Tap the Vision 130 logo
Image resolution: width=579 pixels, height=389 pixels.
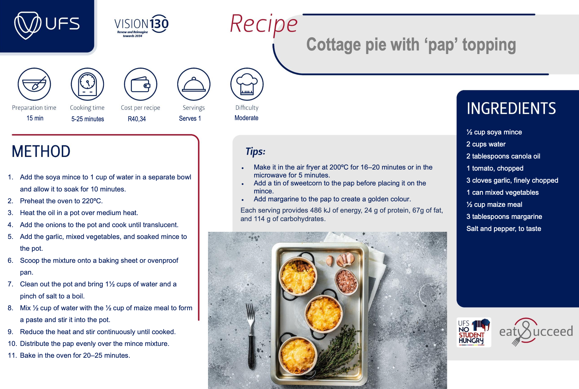pos(141,26)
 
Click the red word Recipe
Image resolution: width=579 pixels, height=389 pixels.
pos(264,24)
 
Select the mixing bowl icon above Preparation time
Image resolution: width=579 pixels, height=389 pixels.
pos(34,84)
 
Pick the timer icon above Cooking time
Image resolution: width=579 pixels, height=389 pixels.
pos(88,84)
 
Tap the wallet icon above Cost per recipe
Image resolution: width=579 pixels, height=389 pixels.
pos(140,84)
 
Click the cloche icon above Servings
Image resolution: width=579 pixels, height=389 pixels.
pos(194,84)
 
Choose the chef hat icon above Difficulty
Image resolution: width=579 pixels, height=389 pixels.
pos(247,84)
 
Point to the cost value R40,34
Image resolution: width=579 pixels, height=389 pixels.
pos(137,119)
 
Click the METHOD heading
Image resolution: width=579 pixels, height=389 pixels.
pos(41,151)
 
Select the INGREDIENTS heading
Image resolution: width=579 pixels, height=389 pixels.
pos(511,108)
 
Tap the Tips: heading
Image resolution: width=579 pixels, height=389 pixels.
pos(255,151)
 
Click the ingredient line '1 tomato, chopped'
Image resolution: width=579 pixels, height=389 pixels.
pos(495,168)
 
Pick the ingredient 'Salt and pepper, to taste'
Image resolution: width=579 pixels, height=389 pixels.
pos(504,229)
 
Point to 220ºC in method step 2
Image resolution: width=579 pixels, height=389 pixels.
pos(92,201)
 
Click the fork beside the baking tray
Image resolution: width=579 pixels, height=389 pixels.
pos(251,336)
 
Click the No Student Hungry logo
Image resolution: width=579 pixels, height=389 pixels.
pos(474,332)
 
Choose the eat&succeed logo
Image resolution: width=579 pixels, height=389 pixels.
pos(536,331)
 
